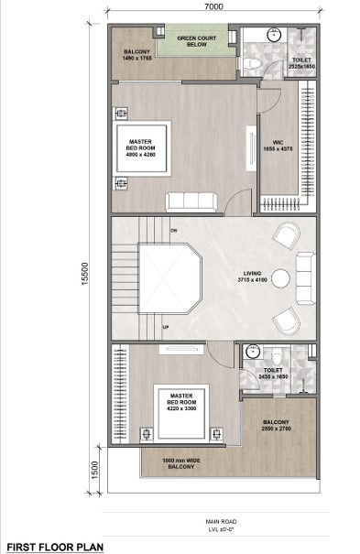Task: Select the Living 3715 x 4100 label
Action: tap(245, 276)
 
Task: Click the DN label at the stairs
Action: tap(173, 230)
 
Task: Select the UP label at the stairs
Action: tap(165, 326)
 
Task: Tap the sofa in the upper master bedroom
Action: tap(190, 201)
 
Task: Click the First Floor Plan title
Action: tap(52, 546)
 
